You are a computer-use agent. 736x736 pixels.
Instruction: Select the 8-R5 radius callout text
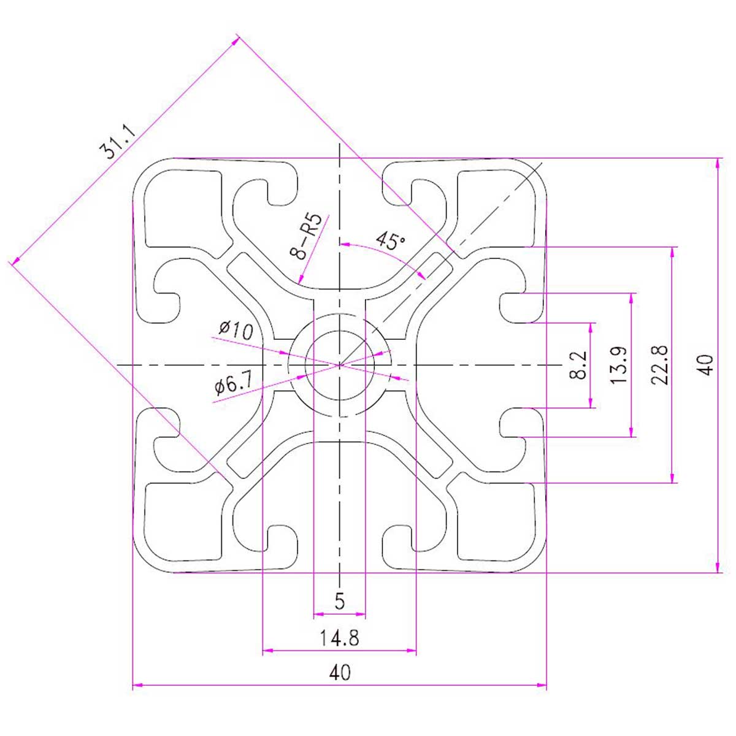(306, 236)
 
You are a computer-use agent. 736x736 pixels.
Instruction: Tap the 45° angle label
(390, 240)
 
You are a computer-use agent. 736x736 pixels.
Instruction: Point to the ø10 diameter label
(236, 331)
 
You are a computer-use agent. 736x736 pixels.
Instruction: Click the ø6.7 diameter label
(233, 383)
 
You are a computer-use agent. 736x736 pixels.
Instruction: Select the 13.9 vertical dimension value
(618, 365)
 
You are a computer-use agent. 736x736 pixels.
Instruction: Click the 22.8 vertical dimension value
(660, 365)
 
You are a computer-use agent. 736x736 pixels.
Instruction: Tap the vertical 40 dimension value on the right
(707, 365)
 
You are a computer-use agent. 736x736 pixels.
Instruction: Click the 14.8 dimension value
(339, 637)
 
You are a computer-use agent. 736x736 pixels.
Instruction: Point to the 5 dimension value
(340, 601)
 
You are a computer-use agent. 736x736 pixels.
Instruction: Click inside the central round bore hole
(340, 366)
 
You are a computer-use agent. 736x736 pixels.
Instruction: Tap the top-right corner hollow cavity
(496, 209)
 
